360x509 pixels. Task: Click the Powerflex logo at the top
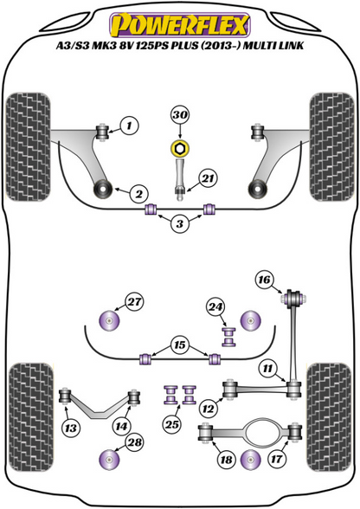179,19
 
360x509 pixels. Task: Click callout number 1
128,126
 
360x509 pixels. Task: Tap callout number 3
179,224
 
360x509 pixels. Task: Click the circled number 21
206,177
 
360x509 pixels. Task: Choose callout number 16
264,278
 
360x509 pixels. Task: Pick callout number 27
133,301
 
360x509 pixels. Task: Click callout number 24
215,306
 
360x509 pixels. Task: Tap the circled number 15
179,345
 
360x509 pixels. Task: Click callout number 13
69,425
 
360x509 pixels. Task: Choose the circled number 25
173,424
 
